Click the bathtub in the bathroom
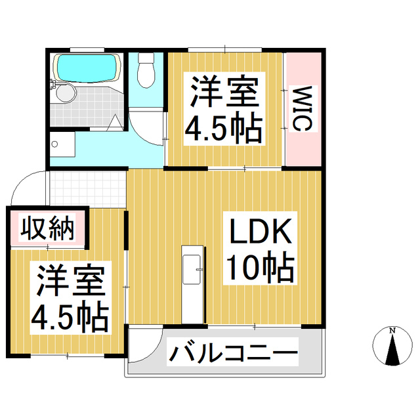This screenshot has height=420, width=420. [x=87, y=67]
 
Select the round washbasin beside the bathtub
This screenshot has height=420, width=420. [x=64, y=94]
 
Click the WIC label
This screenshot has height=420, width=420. [x=302, y=108]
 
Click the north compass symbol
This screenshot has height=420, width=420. [x=392, y=348]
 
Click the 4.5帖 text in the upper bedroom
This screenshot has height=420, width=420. [x=223, y=129]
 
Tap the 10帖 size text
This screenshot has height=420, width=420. [x=259, y=268]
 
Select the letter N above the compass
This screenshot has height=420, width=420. [x=392, y=329]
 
